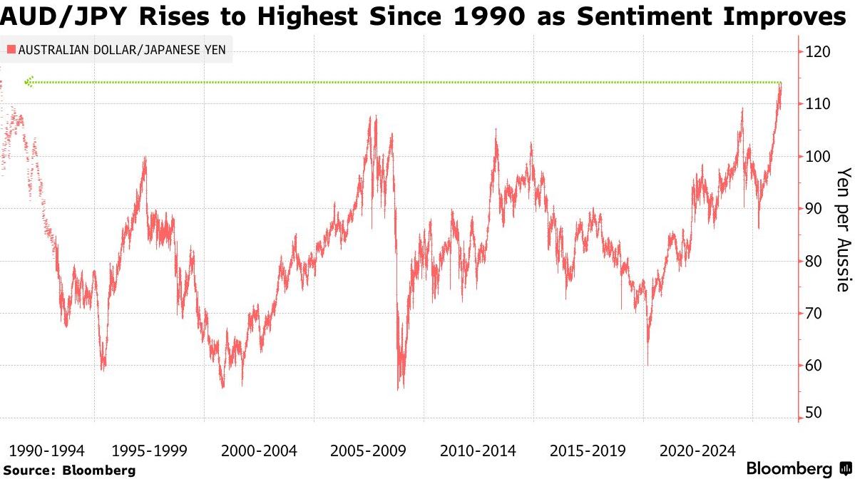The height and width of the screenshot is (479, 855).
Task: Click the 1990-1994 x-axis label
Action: (46, 450)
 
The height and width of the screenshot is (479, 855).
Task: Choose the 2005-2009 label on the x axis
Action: (368, 450)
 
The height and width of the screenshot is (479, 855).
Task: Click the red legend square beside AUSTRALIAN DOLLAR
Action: (11, 50)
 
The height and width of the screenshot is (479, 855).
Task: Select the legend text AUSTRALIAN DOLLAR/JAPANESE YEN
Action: (120, 50)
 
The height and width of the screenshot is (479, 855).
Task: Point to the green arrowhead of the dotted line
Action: (28, 82)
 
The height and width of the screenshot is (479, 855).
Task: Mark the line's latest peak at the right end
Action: (781, 85)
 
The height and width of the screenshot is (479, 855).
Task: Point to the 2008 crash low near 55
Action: (399, 388)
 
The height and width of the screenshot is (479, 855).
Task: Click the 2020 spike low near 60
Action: (647, 364)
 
